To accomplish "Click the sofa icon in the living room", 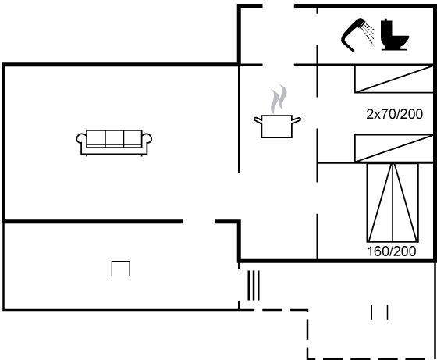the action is (114, 142).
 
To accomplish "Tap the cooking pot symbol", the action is (277, 127).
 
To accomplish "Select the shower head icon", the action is (353, 35).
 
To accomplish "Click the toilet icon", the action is (395, 34).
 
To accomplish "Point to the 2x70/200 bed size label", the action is (394, 114).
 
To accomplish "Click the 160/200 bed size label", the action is (392, 251).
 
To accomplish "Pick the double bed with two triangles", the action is (393, 202).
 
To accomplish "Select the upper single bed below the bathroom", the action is (394, 79).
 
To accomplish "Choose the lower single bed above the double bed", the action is (394, 148).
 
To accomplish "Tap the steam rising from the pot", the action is (279, 99).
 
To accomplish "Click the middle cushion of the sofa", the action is (114, 137).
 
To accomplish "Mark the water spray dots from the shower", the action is (368, 34).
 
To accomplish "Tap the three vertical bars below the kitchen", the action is (254, 285).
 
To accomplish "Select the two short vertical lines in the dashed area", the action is (379, 312).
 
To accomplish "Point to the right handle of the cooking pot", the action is (297, 120).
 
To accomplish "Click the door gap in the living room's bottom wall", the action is (199, 222).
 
